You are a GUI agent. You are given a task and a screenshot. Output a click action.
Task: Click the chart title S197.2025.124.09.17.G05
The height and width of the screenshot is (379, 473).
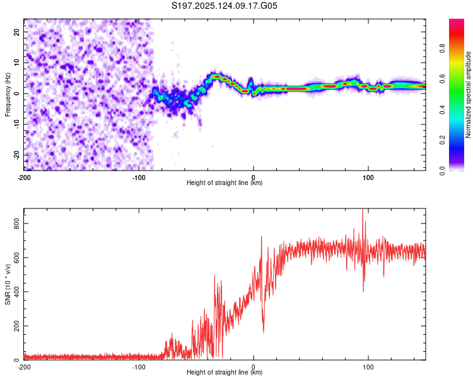[x=224, y=6]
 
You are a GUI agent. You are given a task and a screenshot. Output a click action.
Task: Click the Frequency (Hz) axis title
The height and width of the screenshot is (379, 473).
[x=8, y=95]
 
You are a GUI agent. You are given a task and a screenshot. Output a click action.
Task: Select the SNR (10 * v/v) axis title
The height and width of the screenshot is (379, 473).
[x=8, y=284]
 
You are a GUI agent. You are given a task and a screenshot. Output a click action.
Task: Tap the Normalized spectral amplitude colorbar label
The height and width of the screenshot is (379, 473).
[x=468, y=95]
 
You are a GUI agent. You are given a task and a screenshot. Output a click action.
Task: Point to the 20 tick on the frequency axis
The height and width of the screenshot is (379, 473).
[x=17, y=32]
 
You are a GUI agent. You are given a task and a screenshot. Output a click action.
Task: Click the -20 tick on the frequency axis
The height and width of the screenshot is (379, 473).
[x=17, y=155]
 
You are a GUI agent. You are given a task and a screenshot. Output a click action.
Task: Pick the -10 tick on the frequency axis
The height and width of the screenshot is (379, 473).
[x=17, y=124]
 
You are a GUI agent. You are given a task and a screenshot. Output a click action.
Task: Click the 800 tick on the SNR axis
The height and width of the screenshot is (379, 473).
[x=17, y=224]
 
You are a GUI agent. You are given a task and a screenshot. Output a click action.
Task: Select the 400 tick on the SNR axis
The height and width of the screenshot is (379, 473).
[x=17, y=292]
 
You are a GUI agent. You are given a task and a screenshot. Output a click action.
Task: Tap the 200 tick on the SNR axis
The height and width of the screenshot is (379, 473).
[x=17, y=326]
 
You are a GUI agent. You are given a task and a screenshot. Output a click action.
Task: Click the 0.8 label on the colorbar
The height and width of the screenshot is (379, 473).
[x=442, y=49]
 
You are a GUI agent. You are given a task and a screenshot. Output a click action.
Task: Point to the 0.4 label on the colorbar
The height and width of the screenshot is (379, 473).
[x=442, y=110]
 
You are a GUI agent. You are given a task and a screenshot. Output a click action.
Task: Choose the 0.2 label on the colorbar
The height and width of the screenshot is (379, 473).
[x=442, y=140]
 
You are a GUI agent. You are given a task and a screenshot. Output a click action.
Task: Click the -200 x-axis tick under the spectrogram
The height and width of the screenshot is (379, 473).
[x=24, y=177]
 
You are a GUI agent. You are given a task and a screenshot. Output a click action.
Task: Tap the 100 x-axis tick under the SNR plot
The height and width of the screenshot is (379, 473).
[x=368, y=367]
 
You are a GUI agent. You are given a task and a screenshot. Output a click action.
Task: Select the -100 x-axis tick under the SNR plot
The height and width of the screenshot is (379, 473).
[x=139, y=367]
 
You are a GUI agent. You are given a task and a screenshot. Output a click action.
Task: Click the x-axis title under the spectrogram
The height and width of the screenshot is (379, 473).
[x=225, y=183]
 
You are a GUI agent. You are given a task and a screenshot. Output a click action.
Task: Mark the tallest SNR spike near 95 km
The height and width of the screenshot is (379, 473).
[x=363, y=210]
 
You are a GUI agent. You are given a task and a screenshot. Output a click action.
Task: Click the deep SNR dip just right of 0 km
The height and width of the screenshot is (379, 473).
[x=264, y=332]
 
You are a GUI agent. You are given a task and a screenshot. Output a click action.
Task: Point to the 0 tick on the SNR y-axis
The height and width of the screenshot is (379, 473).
[x=17, y=360]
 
